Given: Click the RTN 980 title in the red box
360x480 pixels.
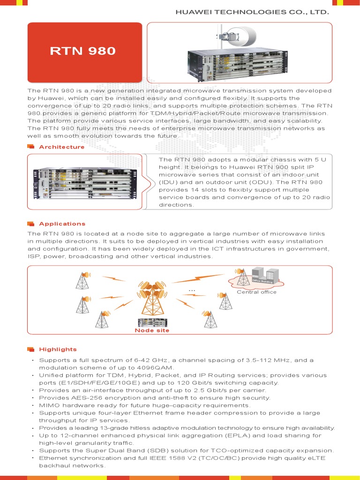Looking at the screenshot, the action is point(82,51).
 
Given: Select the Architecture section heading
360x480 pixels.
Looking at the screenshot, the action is point(62,147).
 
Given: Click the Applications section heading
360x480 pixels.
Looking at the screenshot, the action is point(62,224).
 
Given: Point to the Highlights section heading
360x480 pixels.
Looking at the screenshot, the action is point(58,349).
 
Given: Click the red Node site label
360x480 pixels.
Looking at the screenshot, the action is point(152,330).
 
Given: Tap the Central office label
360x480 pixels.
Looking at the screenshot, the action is point(256,292).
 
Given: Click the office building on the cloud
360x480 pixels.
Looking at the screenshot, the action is point(262,277).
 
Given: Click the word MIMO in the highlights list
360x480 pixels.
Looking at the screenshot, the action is point(49,405).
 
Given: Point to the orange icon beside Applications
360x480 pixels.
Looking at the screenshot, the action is point(31,224).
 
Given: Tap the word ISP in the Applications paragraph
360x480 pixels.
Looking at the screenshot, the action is point(34,257).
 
